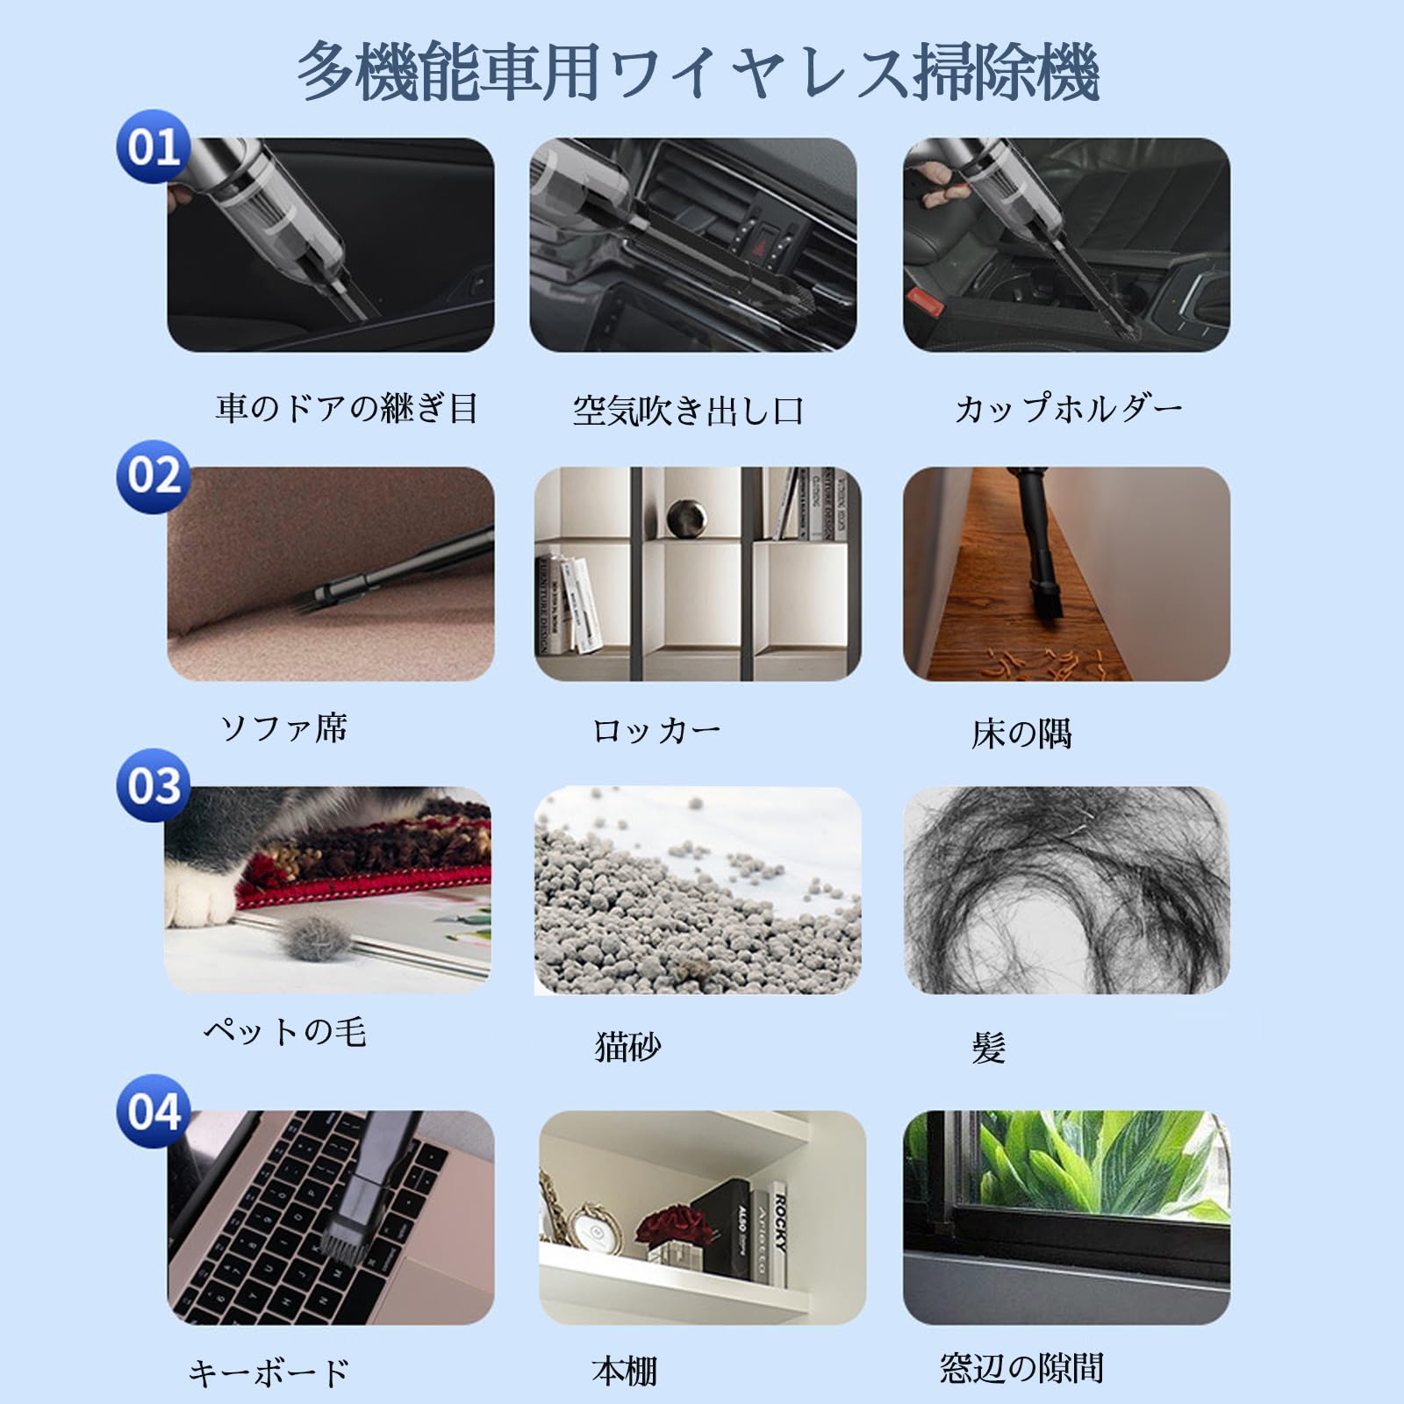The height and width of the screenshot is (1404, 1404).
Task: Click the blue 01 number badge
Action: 154,147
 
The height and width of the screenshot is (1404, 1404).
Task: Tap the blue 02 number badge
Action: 154,476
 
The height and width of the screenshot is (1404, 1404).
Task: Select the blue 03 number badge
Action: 154,784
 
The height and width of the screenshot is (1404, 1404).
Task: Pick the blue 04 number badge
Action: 154,1111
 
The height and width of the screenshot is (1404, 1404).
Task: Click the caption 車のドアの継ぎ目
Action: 347,409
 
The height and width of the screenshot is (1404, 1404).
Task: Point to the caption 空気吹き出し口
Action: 688,411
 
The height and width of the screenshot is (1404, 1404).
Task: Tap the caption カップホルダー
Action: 1069,409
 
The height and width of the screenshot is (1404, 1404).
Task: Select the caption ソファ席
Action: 284,728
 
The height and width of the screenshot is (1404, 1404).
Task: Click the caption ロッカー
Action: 656,731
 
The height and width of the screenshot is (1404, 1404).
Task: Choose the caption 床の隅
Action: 1021,734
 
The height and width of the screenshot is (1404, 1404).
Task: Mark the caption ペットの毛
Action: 285,1031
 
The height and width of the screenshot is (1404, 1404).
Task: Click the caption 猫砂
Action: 627,1046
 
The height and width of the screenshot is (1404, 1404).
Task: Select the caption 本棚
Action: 624,1371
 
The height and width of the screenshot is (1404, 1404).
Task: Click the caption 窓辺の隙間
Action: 1021,1368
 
